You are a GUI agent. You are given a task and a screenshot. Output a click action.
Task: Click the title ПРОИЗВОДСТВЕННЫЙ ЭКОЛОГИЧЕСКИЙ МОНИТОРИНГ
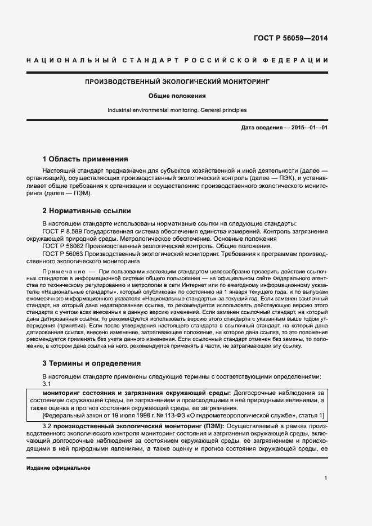pos(177,82)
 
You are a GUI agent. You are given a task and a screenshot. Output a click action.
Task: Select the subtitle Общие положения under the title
pos(177,96)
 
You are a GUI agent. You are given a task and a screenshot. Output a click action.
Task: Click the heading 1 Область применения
pos(85,159)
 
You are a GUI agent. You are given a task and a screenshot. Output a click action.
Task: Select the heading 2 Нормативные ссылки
pos(87,211)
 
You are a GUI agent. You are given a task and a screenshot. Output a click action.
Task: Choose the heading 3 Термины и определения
pos(92,363)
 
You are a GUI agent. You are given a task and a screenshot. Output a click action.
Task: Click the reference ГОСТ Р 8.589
pos(62,231)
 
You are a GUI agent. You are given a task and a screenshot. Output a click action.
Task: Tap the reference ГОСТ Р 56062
pos(62,246)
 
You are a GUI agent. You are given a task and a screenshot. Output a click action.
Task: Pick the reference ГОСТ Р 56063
pos(62,254)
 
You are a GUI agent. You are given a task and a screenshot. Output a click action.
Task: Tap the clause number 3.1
pos(47,384)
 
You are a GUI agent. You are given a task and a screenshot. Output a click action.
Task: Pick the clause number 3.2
pos(47,427)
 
